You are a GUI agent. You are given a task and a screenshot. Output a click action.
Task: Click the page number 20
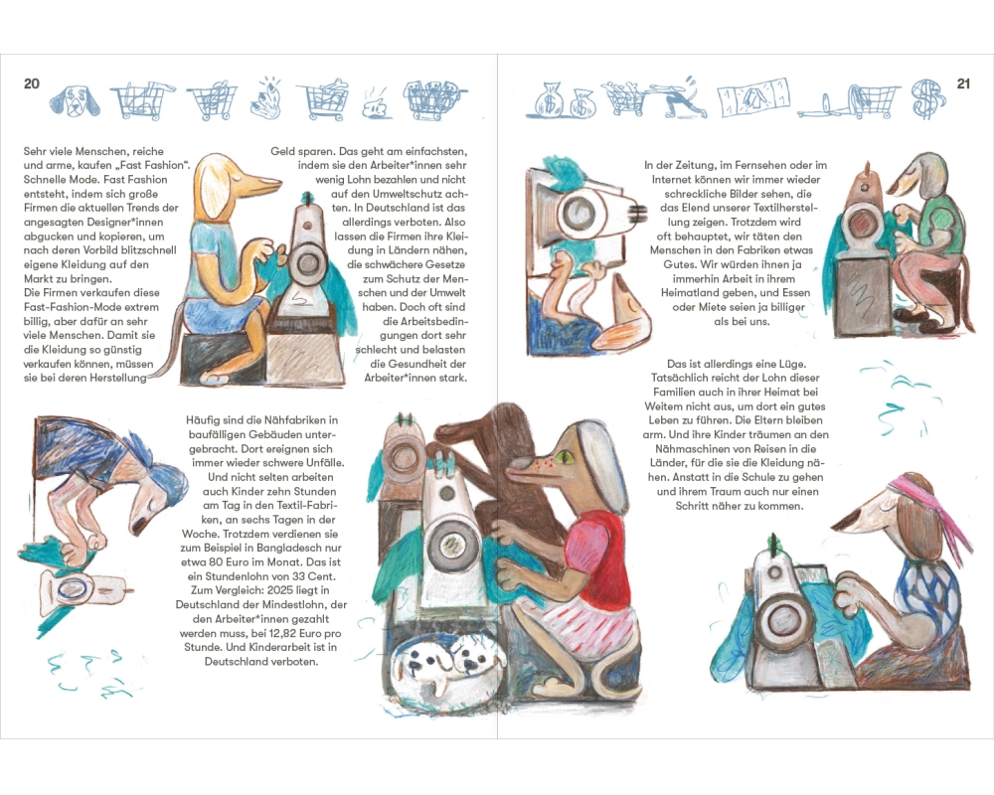[x=31, y=83]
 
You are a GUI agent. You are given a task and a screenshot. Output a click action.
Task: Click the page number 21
[x=963, y=83]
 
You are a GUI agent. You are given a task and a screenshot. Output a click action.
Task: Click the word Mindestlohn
[x=295, y=605]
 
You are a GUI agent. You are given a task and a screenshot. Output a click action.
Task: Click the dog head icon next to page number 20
[x=75, y=100]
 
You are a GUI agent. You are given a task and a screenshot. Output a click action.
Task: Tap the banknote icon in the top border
[x=753, y=97]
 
